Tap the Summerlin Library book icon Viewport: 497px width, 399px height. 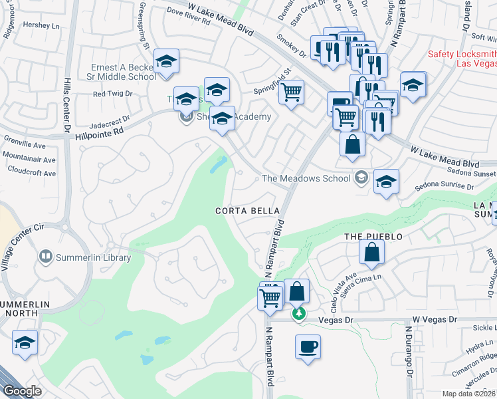click(x=46, y=255)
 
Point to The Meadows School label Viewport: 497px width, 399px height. click(x=306, y=178)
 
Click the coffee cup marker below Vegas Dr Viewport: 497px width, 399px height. click(x=308, y=347)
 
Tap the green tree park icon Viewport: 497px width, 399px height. click(x=299, y=313)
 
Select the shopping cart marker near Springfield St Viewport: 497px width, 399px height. click(x=291, y=92)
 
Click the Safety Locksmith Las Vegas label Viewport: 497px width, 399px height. click(x=462, y=59)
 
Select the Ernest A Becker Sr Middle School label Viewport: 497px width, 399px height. click(x=124, y=72)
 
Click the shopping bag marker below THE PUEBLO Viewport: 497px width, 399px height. click(x=371, y=252)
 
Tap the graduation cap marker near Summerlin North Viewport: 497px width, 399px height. click(x=25, y=343)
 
